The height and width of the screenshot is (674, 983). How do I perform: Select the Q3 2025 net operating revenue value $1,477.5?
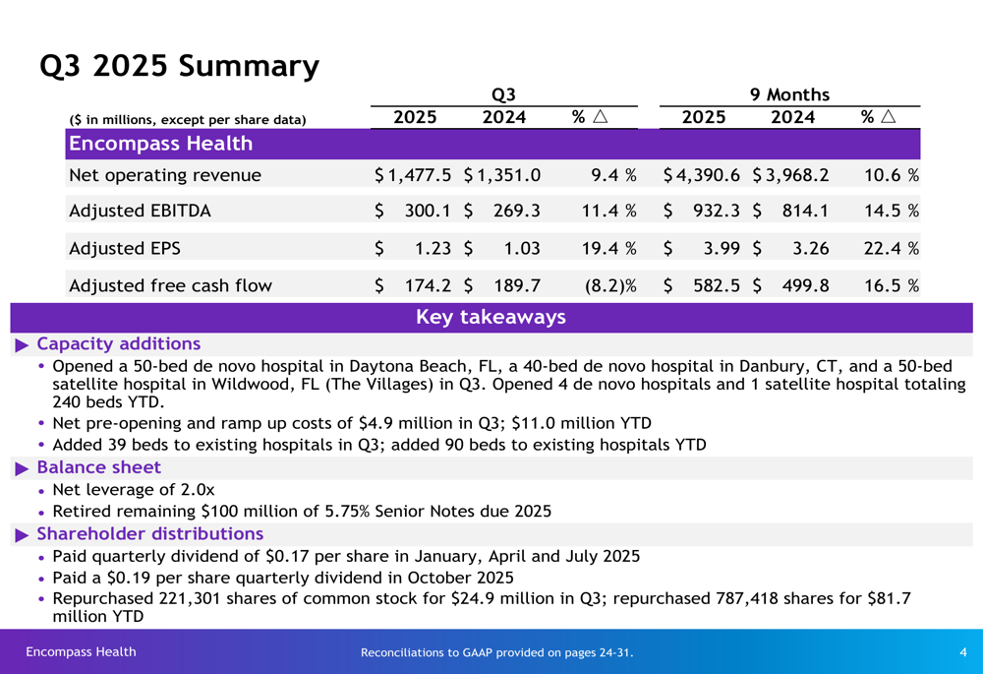[x=414, y=175]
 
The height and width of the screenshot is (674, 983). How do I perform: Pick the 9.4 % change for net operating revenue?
[x=613, y=175]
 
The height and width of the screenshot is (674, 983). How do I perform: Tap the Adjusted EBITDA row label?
[x=140, y=211]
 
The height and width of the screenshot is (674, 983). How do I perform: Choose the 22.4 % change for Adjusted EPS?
[x=891, y=249]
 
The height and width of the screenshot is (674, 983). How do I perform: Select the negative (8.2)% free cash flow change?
[x=610, y=286]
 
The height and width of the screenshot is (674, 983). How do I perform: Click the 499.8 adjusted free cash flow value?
[x=805, y=286]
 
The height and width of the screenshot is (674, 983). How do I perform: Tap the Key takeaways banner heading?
[x=491, y=317]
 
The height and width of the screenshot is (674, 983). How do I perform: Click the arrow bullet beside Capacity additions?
[x=23, y=344]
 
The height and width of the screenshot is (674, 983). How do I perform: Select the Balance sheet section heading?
[x=98, y=467]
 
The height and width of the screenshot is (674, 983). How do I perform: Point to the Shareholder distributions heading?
[x=149, y=534]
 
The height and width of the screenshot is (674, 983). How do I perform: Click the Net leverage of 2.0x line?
[x=133, y=489]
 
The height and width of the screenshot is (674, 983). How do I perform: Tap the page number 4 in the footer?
[x=962, y=652]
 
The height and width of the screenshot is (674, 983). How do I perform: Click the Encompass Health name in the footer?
[x=81, y=651]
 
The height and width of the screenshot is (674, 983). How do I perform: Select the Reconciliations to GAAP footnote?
[x=496, y=652]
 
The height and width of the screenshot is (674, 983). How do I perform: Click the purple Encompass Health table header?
[x=160, y=144]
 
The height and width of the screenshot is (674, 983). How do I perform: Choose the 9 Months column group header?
[x=789, y=94]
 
